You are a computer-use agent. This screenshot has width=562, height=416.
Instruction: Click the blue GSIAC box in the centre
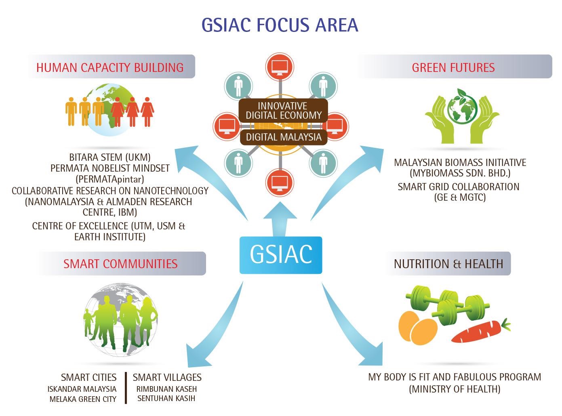280,255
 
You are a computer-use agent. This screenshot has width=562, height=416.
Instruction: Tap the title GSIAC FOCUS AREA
280,25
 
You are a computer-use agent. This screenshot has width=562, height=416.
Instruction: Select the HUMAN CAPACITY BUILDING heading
110,67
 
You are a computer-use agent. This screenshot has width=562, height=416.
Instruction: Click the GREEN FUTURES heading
453,67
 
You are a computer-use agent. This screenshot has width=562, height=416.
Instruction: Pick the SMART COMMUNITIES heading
120,264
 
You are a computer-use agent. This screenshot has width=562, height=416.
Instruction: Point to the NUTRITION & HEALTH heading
448,264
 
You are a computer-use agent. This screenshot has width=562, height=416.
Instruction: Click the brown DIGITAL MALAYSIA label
284,137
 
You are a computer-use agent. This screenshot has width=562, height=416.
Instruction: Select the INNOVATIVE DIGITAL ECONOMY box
283,110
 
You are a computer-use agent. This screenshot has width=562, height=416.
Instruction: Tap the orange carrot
481,331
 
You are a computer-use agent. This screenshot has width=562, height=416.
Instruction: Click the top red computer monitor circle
280,67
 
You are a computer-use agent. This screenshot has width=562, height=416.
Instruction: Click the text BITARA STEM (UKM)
110,157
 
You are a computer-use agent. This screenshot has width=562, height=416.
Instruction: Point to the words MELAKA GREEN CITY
83,399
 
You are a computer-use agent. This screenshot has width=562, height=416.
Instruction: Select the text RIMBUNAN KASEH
166,389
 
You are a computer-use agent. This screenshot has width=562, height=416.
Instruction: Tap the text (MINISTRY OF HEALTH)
455,389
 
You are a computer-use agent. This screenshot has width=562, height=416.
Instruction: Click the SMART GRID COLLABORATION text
458,187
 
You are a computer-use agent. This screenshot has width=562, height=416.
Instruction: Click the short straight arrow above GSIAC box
280,219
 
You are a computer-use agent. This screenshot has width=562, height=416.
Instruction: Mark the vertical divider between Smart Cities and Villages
126,388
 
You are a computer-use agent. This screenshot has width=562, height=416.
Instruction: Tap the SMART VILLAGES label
167,378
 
